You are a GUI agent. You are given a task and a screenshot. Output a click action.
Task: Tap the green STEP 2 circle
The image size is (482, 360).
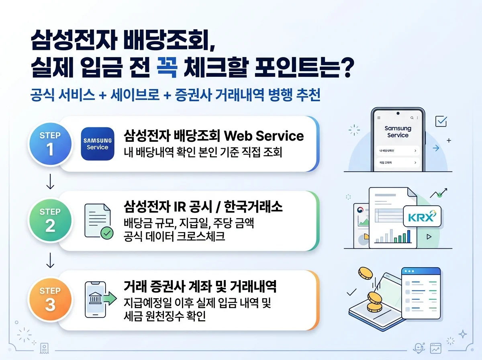click(50, 220)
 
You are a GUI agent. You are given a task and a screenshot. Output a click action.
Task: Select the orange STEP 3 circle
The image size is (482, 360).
click(50, 299)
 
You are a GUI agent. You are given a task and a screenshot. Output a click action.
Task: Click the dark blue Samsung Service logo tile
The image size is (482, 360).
click(98, 144)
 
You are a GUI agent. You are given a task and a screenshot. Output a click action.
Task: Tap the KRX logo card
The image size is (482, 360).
click(421, 217)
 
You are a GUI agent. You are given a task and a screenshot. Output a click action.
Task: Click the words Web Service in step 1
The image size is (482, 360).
click(263, 136)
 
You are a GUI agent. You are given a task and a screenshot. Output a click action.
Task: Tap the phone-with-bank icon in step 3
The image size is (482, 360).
click(98, 299)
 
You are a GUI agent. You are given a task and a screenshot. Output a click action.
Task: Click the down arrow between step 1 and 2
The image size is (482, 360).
click(50, 182)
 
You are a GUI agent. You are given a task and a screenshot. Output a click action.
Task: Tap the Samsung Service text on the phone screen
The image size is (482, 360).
click(398, 132)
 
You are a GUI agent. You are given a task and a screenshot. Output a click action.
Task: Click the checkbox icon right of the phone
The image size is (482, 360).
click(441, 121)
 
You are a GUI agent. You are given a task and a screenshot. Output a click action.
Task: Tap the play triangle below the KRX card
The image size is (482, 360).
click(429, 237)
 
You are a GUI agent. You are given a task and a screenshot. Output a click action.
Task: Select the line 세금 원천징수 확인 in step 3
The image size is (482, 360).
click(165, 316)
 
